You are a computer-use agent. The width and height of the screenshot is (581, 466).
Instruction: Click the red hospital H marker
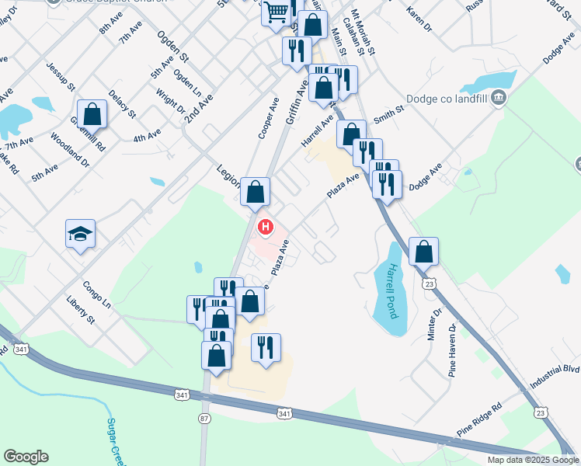(x=266, y=228)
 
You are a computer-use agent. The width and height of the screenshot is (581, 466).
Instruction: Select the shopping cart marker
(x=276, y=12)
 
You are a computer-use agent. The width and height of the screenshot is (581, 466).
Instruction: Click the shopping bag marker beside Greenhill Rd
(x=92, y=113)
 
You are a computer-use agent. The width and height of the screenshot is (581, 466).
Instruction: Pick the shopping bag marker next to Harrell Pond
(x=423, y=251)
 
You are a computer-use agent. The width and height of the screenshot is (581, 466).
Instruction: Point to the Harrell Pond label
(x=392, y=291)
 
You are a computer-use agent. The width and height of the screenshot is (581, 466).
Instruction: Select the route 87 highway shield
(x=204, y=418)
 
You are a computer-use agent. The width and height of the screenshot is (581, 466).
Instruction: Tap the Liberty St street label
(x=80, y=309)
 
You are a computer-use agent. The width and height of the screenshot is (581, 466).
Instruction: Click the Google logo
(x=26, y=457)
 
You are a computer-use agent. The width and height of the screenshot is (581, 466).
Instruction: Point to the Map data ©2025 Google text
(x=532, y=460)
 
